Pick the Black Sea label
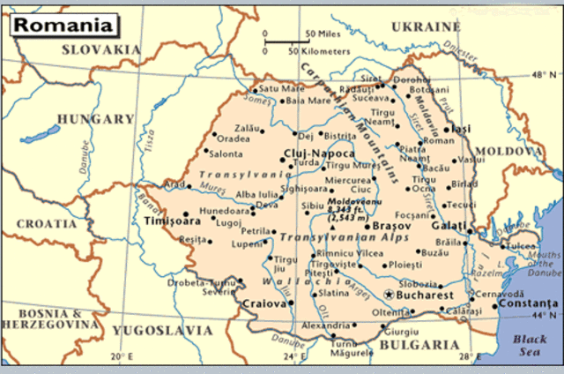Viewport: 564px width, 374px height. [531, 346]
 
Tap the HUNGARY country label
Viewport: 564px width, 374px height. [94, 119]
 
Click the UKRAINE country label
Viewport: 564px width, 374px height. [426, 26]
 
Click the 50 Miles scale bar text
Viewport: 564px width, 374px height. [322, 35]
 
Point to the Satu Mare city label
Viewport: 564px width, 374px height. [280, 88]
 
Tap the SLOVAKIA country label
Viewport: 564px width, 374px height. [102, 49]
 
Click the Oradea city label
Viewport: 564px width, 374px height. [234, 138]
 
